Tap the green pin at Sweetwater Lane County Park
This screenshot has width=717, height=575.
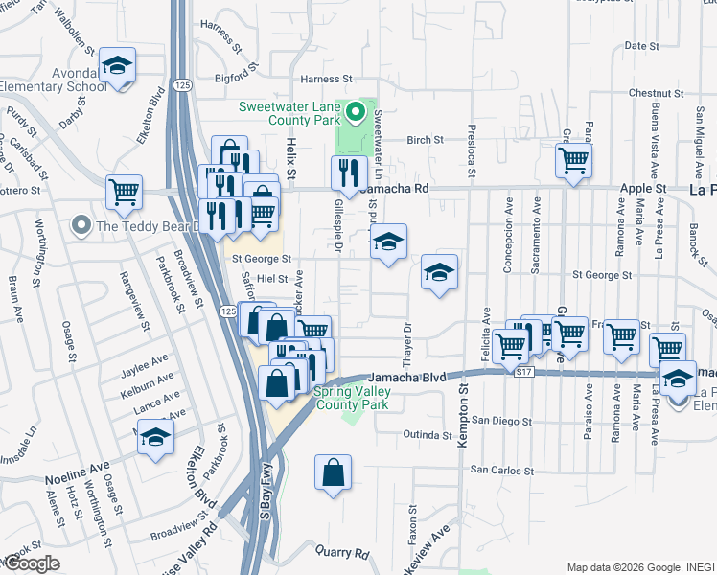pos(355,113)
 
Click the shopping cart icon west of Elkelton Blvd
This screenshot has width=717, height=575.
pos(125,191)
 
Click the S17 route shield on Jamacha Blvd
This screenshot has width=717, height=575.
pos(520,369)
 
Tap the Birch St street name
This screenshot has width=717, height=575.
pos(425,139)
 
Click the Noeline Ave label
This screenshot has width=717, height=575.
pos(73,478)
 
